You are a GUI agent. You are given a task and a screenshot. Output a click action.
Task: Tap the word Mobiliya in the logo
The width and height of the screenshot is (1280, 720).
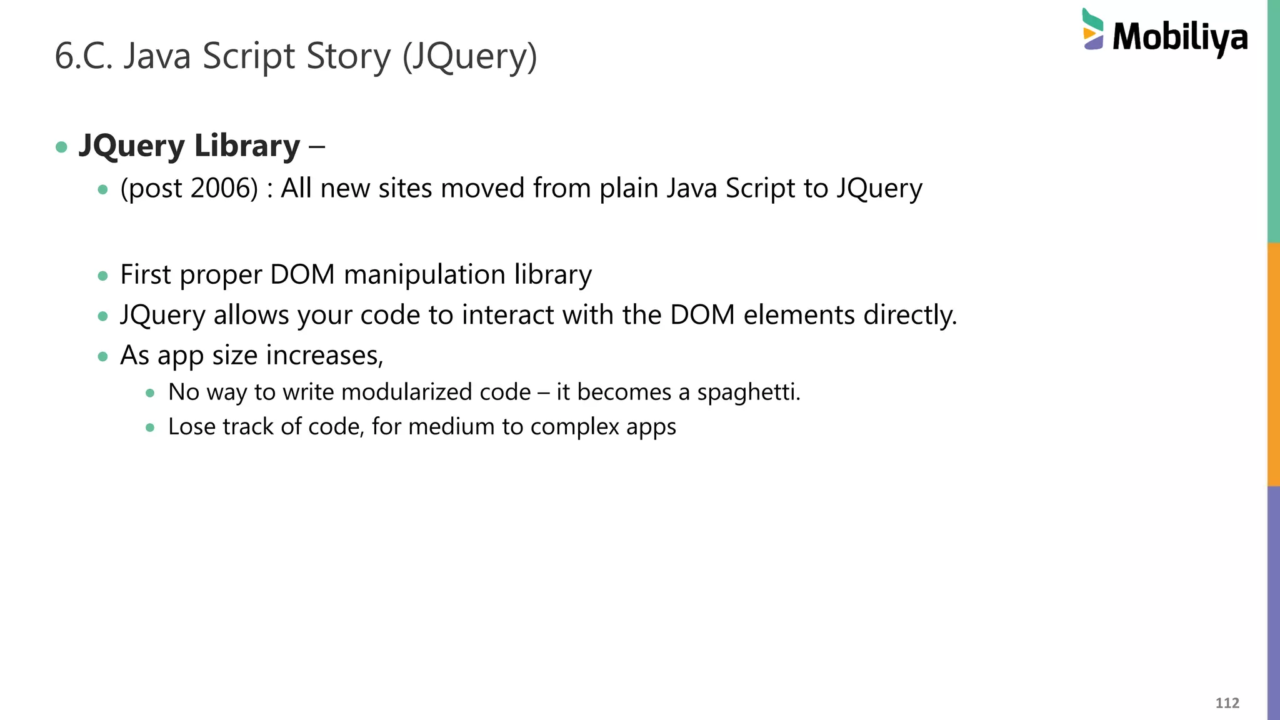tap(1180, 37)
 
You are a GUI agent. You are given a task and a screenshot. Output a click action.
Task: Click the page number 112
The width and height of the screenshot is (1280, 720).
tap(1227, 703)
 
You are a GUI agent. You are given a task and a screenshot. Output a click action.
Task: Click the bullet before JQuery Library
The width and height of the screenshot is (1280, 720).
tap(61, 147)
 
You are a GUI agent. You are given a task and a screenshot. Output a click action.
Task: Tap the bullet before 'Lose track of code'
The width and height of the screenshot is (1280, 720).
tap(150, 428)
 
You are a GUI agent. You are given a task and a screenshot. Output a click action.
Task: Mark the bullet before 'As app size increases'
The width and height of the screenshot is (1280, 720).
tap(103, 357)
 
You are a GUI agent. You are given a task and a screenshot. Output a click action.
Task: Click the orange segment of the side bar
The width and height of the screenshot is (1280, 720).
tap(1273, 364)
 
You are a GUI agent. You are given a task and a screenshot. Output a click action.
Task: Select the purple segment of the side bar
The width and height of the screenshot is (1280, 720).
tap(1273, 603)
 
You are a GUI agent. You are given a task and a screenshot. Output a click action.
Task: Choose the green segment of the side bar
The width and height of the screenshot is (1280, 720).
tap(1273, 121)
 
